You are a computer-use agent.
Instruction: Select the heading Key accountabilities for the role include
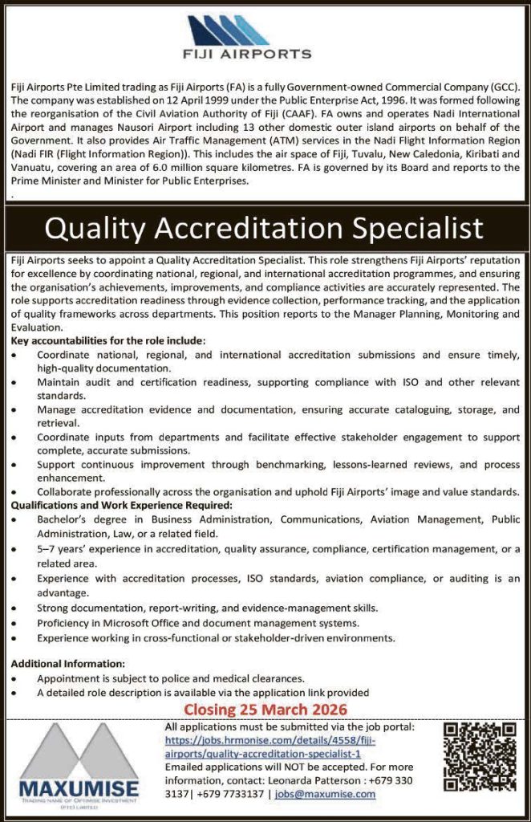pos(109,340)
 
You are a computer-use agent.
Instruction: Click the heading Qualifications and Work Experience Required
pos(122,505)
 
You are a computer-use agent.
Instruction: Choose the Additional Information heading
pos(68,663)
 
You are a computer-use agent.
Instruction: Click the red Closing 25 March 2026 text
pos(265,709)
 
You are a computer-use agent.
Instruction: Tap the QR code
pos(479,756)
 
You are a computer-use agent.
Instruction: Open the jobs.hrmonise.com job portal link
pos(270,747)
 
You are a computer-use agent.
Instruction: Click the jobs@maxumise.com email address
pos(325,794)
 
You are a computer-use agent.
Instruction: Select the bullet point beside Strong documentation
pos(16,608)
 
